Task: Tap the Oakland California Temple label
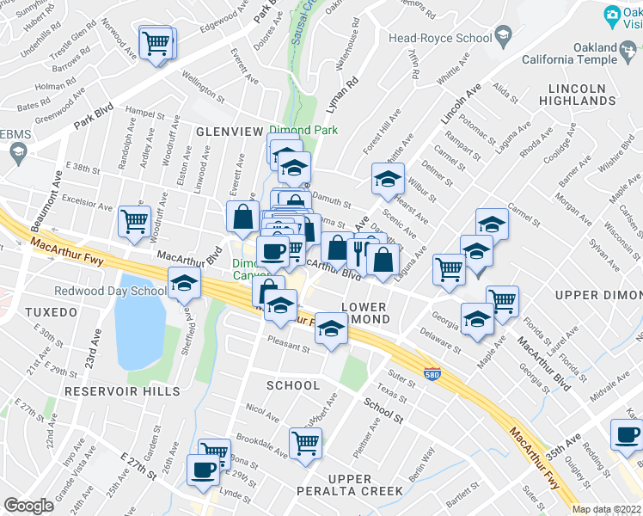point(582,53)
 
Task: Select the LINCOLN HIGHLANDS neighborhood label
point(577,94)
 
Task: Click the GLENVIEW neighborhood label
point(229,131)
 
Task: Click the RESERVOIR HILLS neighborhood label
point(124,390)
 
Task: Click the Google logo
point(28,505)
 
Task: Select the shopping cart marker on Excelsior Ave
point(135,221)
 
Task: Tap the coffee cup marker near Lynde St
point(204,470)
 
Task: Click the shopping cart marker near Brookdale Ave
point(305,444)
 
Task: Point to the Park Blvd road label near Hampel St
point(94,117)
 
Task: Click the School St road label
point(383,409)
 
